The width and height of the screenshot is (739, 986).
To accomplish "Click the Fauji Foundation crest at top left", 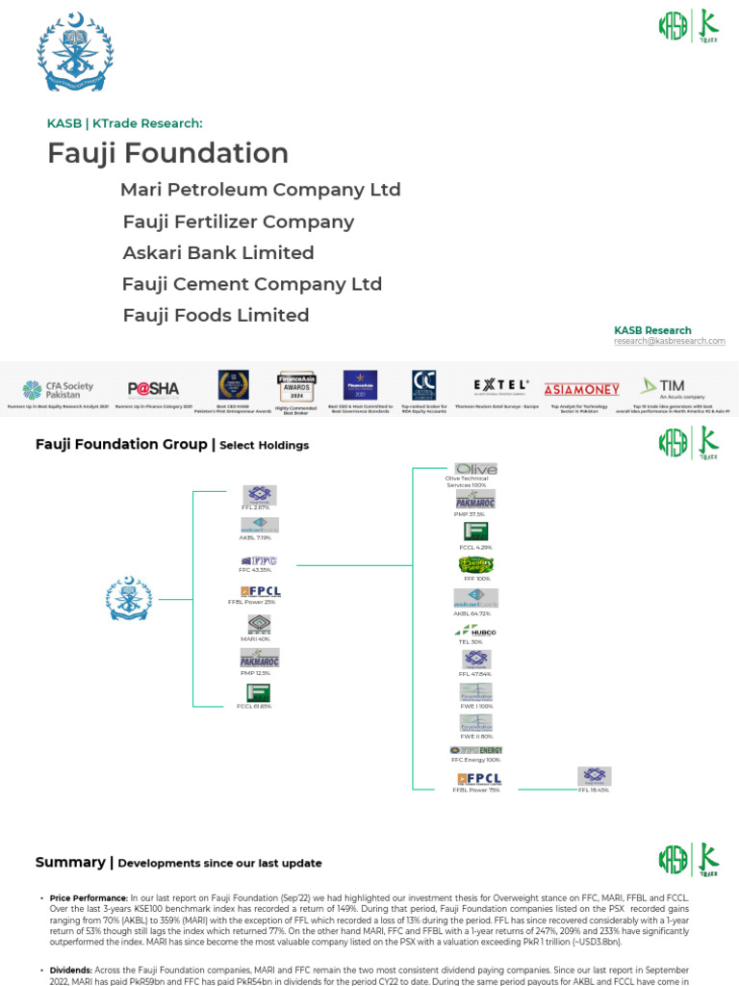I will [75, 53].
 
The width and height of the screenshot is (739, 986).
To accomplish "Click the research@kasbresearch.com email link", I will [670, 341].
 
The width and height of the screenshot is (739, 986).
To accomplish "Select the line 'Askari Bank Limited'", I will [218, 253].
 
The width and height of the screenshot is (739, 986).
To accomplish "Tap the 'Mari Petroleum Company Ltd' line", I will [260, 190].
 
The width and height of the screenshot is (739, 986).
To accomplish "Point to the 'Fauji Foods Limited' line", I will [216, 316].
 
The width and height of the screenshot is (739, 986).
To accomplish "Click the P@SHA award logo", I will [153, 389].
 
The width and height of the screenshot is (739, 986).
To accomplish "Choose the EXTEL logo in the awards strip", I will [500, 385].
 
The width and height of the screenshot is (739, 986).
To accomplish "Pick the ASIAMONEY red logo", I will [581, 390].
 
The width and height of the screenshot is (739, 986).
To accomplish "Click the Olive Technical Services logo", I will [475, 469].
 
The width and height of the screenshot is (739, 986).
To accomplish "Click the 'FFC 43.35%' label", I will [255, 570].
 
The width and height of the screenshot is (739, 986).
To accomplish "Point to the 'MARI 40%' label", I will [255, 638].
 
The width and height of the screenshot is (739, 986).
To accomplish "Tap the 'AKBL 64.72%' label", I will [471, 612].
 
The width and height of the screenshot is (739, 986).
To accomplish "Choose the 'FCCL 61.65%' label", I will [255, 706].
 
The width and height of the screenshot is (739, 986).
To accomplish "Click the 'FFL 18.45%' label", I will [593, 790].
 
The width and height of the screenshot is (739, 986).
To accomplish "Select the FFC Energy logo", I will [475, 750].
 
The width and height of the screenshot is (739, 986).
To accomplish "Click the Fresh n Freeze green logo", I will [475, 564].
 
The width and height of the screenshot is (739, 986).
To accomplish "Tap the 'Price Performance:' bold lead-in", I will [89, 897].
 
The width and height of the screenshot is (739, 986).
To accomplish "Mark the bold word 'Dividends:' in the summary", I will [69, 970].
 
